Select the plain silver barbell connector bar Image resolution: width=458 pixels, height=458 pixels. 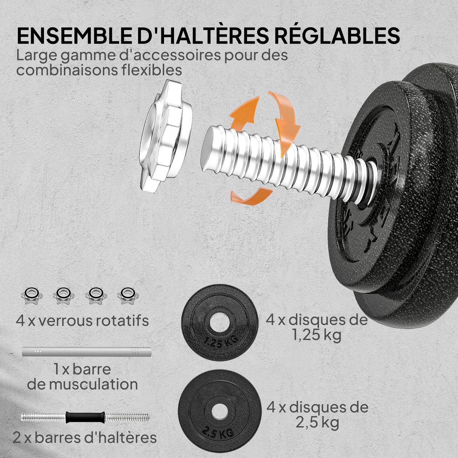[x=87, y=352]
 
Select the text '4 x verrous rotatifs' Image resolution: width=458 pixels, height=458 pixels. [x=82, y=320]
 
